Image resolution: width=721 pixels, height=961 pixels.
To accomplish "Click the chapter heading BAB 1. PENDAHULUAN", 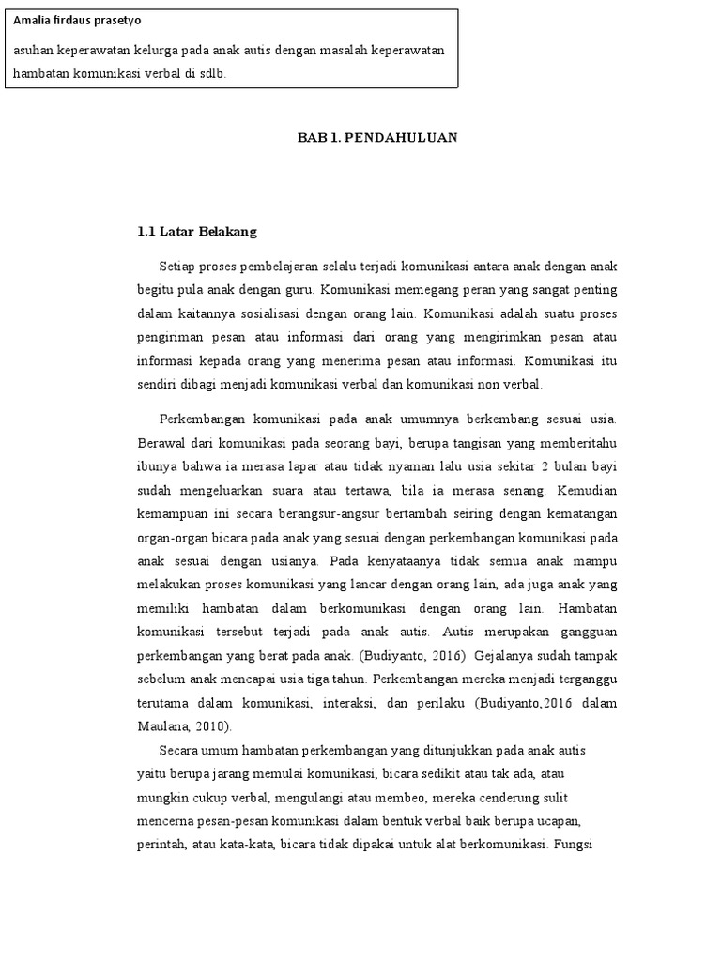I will (x=377, y=137).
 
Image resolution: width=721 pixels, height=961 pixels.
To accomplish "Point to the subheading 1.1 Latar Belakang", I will (x=197, y=232).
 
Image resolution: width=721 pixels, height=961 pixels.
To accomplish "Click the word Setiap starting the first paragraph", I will (x=178, y=267).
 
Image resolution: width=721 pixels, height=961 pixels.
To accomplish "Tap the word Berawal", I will (x=161, y=443).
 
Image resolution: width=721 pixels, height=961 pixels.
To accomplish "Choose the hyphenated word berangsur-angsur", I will (x=333, y=513).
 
